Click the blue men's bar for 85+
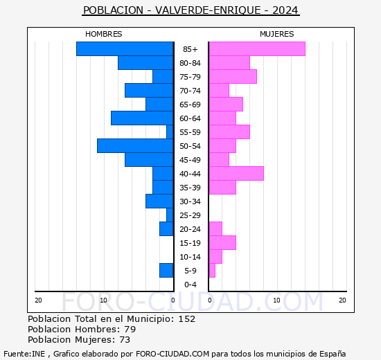[125, 49]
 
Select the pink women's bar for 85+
[257, 49]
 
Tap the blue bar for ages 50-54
[135, 146]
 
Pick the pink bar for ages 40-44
[236, 174]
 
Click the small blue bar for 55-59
[170, 132]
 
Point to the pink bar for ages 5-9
[212, 271]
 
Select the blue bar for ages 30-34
[159, 201]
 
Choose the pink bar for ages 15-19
[222, 243]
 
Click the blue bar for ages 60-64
[142, 118]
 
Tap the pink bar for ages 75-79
[233, 77]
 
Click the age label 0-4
[190, 285]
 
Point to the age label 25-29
[190, 215]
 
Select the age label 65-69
[190, 105]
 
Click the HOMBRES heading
[104, 34]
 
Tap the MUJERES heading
[277, 34]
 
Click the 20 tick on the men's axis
[38, 300]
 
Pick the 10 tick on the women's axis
[276, 300]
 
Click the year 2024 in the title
[285, 10]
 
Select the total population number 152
[187, 318]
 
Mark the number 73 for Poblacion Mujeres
[125, 339]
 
